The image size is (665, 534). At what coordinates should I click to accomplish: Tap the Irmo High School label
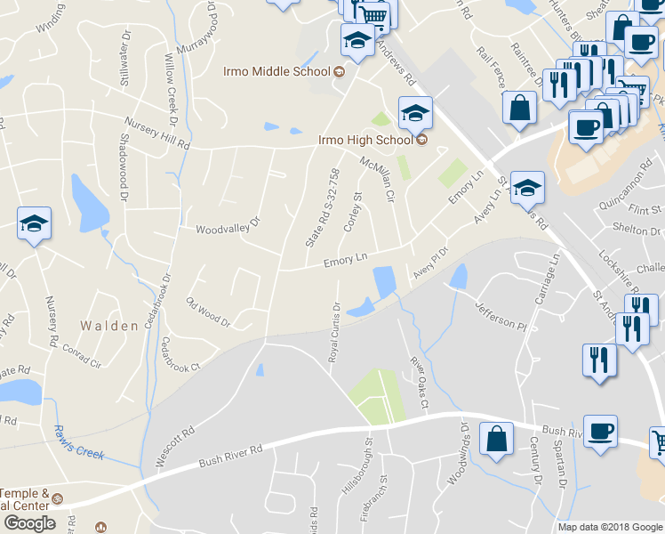(x=365, y=140)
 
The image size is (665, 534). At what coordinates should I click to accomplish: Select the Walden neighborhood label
(x=109, y=326)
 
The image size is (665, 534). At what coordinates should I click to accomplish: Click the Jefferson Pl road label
(x=501, y=315)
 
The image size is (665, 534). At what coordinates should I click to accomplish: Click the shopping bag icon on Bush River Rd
(x=496, y=439)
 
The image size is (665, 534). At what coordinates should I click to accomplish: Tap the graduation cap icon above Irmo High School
(x=415, y=113)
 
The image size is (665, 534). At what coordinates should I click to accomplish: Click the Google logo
(x=29, y=523)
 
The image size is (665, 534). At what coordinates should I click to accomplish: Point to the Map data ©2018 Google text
(x=609, y=527)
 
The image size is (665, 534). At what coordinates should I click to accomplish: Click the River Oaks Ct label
(x=419, y=383)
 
